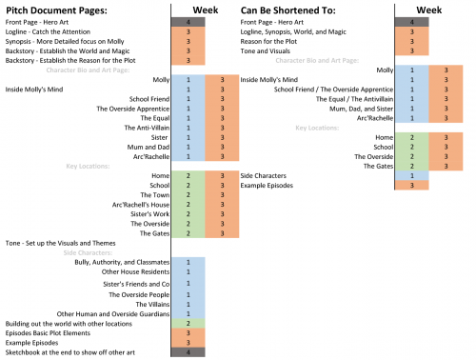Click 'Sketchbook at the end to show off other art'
66,351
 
